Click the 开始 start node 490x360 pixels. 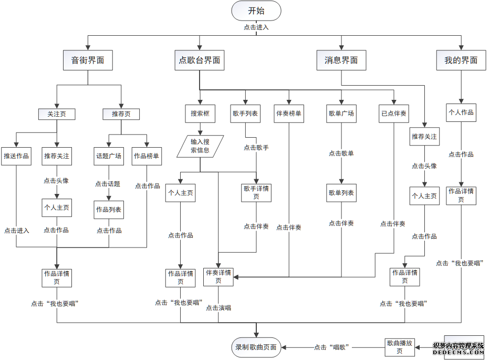click(x=256, y=11)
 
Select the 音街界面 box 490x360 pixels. click(x=88, y=60)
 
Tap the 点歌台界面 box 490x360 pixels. click(x=200, y=60)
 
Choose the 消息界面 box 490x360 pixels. click(x=341, y=60)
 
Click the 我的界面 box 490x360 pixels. click(x=461, y=60)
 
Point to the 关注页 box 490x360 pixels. click(x=57, y=114)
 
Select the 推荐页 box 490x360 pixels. click(x=121, y=114)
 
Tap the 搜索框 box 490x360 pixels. click(x=200, y=113)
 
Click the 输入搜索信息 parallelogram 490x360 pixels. click(x=200, y=146)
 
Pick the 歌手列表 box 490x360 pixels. click(x=245, y=113)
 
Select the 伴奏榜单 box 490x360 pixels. click(x=289, y=113)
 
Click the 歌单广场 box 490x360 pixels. click(x=341, y=113)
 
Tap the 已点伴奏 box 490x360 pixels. click(x=394, y=113)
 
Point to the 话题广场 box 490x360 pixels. click(x=108, y=156)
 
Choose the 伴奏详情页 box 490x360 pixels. click(x=218, y=276)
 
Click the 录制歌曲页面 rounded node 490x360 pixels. click(x=256, y=347)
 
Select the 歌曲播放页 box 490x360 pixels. click(x=400, y=347)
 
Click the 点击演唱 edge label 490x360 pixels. click(x=218, y=307)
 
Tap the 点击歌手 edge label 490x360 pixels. click(x=256, y=148)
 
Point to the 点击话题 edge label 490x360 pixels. click(x=108, y=184)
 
